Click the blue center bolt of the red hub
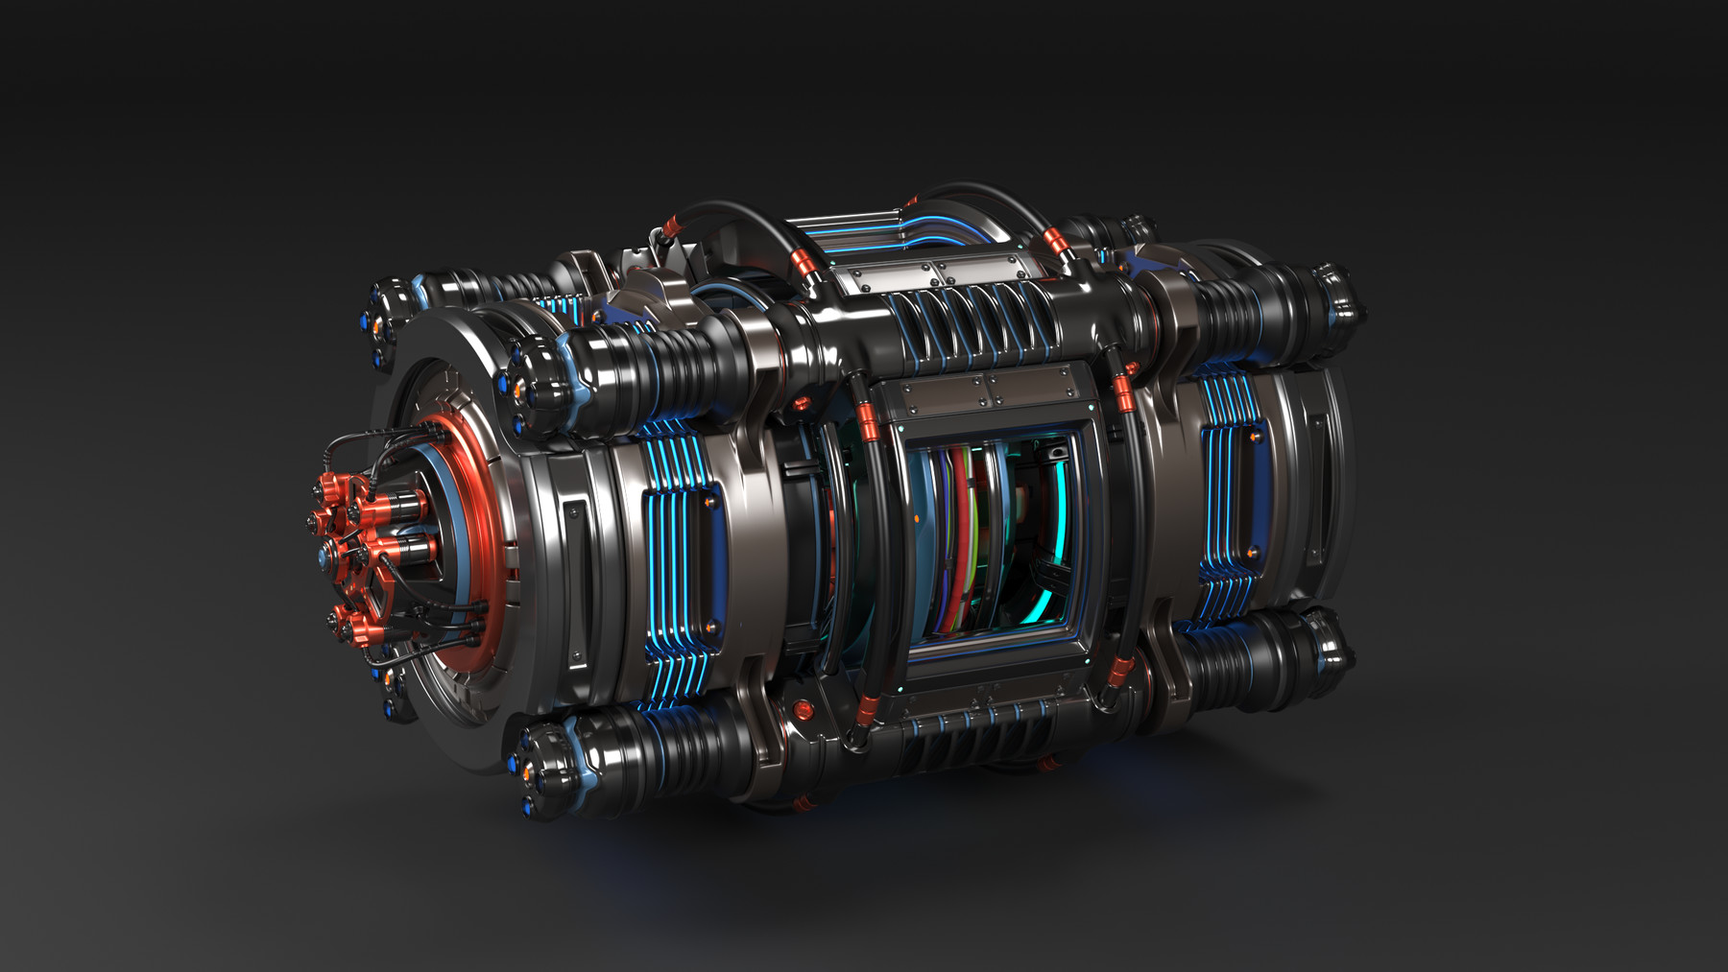(320, 556)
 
